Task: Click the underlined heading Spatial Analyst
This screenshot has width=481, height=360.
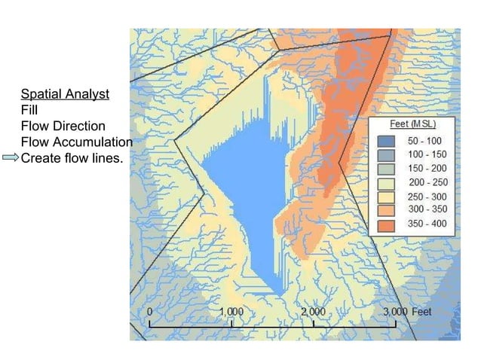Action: click(65, 95)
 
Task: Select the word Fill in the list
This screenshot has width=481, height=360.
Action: click(29, 111)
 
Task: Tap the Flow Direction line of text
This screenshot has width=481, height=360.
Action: click(63, 127)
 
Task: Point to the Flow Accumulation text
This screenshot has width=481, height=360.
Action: click(77, 142)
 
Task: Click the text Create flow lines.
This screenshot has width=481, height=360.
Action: click(72, 158)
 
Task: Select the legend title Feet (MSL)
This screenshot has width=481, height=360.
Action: click(411, 124)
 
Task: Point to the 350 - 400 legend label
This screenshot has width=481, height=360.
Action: click(427, 224)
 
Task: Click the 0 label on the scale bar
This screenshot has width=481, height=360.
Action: click(150, 311)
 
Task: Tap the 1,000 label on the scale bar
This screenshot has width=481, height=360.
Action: click(231, 311)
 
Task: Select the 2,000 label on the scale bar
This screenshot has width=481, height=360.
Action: click(313, 311)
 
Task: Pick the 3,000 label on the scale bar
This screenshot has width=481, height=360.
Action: click(394, 311)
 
